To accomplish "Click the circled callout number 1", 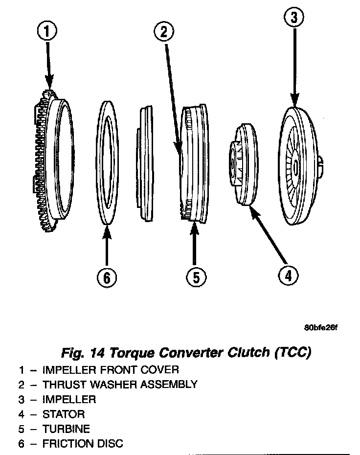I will [x=47, y=32].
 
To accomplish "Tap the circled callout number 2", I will [x=164, y=32].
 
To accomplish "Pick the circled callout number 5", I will [x=195, y=277].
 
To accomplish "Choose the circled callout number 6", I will [x=107, y=277].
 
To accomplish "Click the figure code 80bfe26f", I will [x=320, y=327].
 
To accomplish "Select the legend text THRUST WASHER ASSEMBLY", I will [x=120, y=385].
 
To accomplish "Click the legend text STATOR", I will [x=64, y=414].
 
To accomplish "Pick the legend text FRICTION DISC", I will [x=83, y=444].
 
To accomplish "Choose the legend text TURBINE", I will [x=66, y=429].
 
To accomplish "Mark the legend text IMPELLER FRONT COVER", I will [x=111, y=369].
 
